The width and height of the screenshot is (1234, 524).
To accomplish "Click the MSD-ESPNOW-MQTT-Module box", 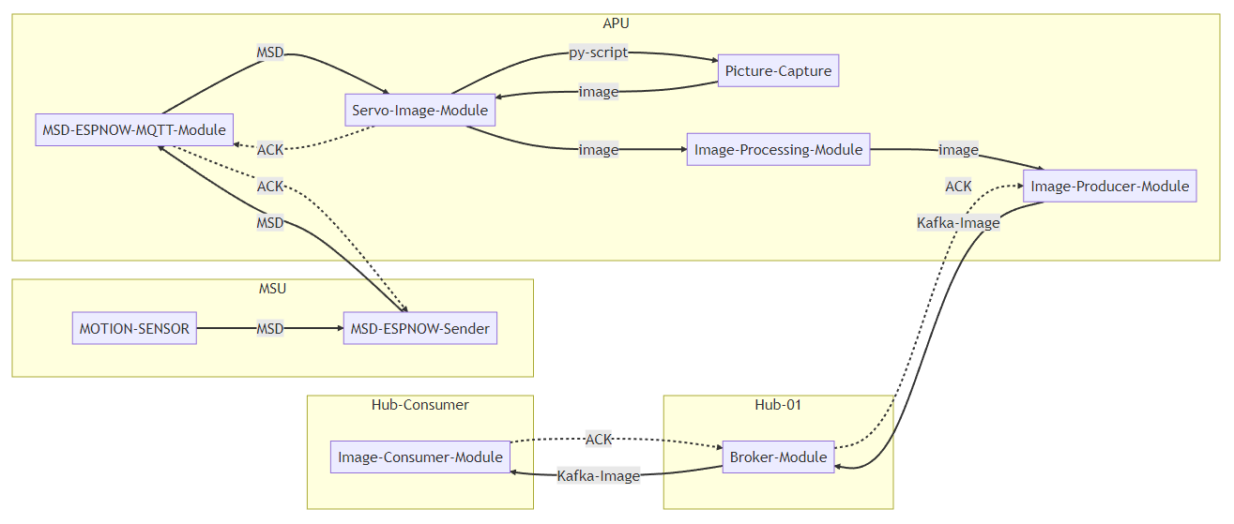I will [134, 129].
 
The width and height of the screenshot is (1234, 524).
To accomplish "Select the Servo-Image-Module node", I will [419, 110].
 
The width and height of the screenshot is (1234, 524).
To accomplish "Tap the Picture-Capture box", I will [778, 70].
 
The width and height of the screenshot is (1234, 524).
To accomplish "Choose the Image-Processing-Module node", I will [778, 149].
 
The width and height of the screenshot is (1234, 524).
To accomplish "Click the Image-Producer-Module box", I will [1109, 186].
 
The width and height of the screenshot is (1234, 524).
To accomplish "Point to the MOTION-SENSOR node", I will [134, 328].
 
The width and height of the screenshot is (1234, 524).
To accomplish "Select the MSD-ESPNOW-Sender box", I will [419, 328].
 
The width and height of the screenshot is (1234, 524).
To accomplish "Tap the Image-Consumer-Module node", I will [419, 457].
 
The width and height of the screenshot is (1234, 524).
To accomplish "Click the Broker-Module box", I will [778, 457].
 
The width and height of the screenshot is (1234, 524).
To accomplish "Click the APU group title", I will [616, 23].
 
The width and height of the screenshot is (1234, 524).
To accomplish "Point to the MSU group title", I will [272, 288].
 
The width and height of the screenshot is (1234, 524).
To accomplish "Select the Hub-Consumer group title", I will [419, 404].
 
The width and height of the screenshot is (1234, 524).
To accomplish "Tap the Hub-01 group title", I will [778, 404].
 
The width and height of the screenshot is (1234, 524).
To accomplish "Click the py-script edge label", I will [598, 52].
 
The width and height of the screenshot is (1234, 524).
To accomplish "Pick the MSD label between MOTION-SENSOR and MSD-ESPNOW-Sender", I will [270, 328].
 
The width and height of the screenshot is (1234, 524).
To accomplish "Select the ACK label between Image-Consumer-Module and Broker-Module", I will [598, 439].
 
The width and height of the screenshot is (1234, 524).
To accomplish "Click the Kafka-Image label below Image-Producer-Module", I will [957, 222].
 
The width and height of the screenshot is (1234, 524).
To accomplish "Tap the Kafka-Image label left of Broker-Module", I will [598, 475].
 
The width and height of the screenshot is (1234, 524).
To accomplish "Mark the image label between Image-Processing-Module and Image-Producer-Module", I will [958, 150].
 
